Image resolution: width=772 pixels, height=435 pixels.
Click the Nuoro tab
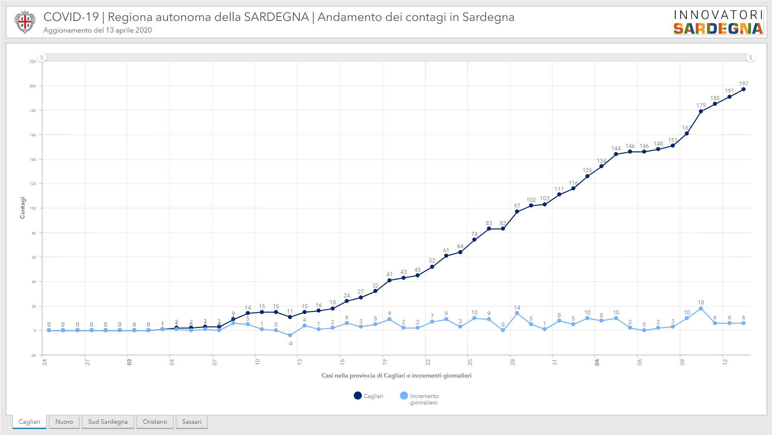(x=64, y=422)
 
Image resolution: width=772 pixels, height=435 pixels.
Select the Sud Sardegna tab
(x=108, y=422)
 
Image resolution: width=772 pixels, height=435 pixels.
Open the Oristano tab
(x=155, y=422)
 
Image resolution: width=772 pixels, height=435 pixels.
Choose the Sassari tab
(x=192, y=422)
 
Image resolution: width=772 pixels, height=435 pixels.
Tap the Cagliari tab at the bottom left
(x=29, y=422)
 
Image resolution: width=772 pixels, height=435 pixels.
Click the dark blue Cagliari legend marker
(x=357, y=396)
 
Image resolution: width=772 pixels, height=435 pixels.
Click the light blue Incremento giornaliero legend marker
(x=404, y=396)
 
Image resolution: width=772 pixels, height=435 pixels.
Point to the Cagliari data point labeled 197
(x=743, y=89)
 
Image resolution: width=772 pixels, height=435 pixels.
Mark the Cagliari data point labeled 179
(x=701, y=111)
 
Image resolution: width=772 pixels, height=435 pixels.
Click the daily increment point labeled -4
(x=290, y=335)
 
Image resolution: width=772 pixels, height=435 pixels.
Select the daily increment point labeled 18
(x=701, y=308)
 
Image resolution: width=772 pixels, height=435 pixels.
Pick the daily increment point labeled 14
(x=517, y=313)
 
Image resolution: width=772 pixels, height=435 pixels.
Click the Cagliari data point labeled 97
(x=517, y=211)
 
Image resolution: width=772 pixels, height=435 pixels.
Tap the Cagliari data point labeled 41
(x=389, y=280)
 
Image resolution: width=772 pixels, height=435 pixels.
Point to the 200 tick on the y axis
(x=33, y=86)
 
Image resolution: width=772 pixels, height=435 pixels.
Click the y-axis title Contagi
(x=22, y=208)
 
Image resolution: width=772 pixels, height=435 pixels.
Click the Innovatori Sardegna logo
(x=718, y=22)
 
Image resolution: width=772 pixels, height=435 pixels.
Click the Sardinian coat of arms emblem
(x=25, y=22)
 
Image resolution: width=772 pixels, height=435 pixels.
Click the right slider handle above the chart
(x=750, y=57)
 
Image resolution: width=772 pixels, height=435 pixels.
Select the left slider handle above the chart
(x=42, y=57)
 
